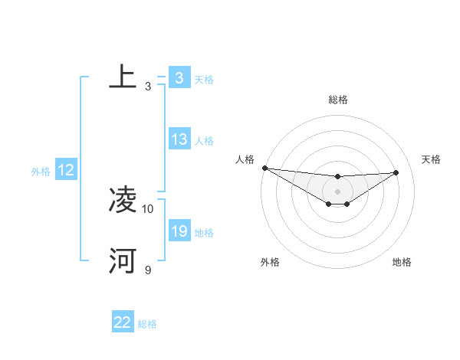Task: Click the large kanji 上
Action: tap(123, 77)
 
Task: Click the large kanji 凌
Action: tap(123, 201)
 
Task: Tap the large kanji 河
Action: tap(123, 261)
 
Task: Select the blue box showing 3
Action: tap(179, 78)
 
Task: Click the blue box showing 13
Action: tap(179, 139)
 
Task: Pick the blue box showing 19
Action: tap(179, 231)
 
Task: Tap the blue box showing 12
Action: tap(66, 171)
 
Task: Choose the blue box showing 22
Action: tap(123, 323)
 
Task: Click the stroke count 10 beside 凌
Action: tap(148, 208)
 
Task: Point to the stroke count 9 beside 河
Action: tap(148, 270)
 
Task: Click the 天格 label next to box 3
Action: tap(204, 79)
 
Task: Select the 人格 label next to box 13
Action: tap(204, 141)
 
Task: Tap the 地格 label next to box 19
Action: tap(204, 233)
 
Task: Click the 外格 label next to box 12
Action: tap(41, 172)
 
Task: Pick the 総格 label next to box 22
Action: tap(147, 324)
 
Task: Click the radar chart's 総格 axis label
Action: tap(337, 100)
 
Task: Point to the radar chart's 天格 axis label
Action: tap(432, 159)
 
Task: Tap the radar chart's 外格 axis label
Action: tap(270, 262)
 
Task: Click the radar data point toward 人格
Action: tap(264, 168)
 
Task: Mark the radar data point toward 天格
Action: tap(396, 172)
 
